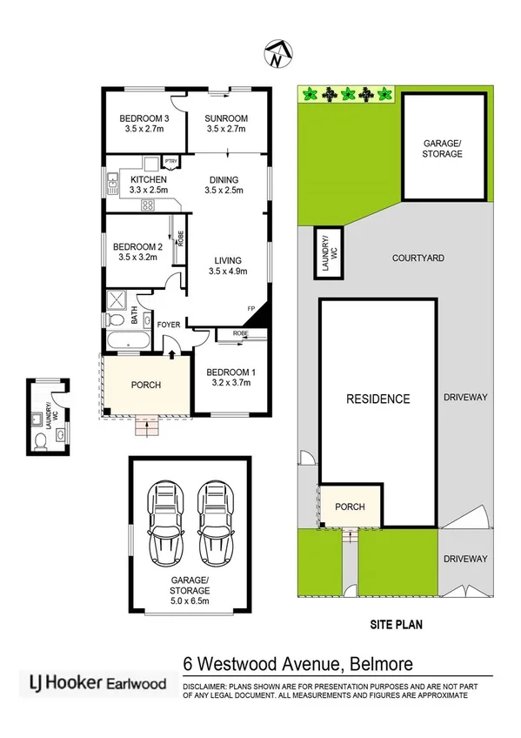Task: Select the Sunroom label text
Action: point(226,118)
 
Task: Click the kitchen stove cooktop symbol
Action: point(148,206)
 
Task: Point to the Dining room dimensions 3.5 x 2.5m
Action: point(224,190)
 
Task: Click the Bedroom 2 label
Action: point(137,246)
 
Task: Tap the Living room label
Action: point(228,260)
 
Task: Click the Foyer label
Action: point(168,325)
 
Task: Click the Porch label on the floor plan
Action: point(145,384)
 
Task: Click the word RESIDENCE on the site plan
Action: point(377,399)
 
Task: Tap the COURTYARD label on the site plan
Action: point(417,258)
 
